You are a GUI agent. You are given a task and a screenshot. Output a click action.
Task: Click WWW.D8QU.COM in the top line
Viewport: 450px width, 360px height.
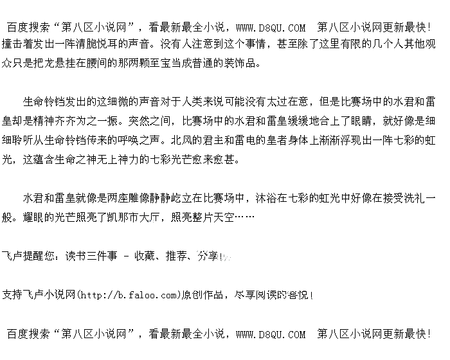click(271, 28)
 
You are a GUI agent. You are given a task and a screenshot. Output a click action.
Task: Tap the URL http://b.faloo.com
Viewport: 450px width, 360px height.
click(127, 295)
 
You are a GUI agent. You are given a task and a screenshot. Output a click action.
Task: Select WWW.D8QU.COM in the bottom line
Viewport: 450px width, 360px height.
click(271, 334)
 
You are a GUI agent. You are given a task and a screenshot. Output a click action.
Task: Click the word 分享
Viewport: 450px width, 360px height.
click(207, 256)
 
